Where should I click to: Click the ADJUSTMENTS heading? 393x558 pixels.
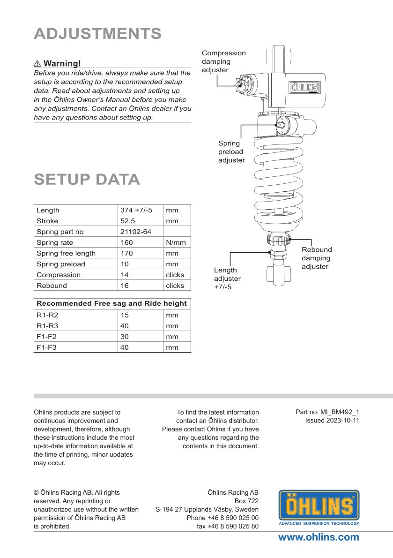(97, 34)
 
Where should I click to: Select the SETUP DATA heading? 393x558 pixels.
(87, 180)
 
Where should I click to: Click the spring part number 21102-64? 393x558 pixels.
(136, 232)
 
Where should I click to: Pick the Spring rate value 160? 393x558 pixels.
(127, 242)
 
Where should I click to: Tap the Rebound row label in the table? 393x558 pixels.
(52, 286)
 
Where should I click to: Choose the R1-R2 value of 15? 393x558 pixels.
(125, 315)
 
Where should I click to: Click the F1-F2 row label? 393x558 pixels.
(46, 337)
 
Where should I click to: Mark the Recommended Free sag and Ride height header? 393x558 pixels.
(111, 303)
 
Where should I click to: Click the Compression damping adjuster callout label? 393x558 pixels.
(223, 61)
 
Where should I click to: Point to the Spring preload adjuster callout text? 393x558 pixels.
(231, 151)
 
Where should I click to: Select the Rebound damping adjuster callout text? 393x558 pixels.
(317, 258)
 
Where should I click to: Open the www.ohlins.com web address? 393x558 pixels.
(319, 537)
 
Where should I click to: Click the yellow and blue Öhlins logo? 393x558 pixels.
(319, 506)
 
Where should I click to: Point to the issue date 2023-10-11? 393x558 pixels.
(332, 420)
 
